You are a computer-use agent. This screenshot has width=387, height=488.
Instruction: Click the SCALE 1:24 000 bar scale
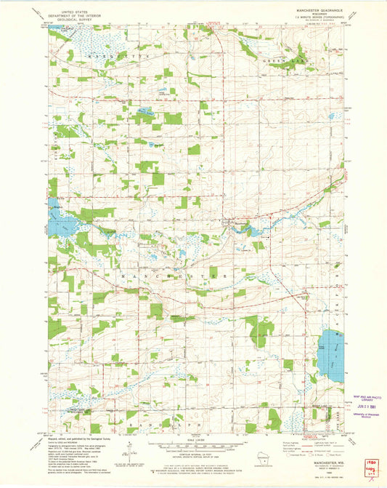pyautogui.click(x=193, y=441)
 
